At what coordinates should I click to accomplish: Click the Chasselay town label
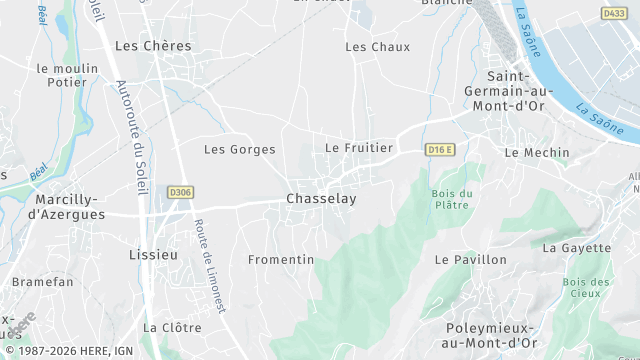(x=321, y=199)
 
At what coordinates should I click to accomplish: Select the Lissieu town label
(x=154, y=255)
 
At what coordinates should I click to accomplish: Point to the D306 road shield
(x=180, y=192)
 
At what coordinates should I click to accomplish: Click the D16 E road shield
(x=439, y=150)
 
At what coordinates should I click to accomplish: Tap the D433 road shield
(x=613, y=13)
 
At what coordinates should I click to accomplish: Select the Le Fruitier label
(x=359, y=147)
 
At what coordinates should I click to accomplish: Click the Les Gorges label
(x=239, y=149)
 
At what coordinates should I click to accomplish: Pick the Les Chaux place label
(x=377, y=47)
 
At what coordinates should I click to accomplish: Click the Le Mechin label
(x=537, y=153)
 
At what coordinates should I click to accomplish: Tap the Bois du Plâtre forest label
(x=451, y=199)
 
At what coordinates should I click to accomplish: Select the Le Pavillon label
(x=470, y=259)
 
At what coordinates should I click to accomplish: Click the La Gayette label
(x=576, y=248)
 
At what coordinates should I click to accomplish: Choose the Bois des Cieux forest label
(x=586, y=289)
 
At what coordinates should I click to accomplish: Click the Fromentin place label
(x=281, y=259)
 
